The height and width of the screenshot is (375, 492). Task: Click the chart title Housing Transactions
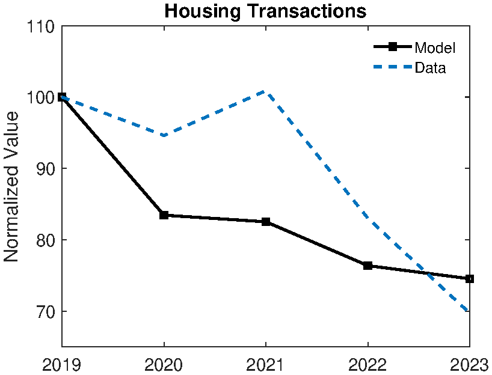265,11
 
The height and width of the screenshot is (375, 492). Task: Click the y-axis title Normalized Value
12,186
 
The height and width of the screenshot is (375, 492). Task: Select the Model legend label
434,48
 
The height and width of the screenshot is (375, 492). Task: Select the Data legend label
430,68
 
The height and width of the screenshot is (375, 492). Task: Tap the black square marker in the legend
393,47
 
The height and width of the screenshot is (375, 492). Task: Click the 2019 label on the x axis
62,364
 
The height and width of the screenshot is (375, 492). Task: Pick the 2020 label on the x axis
164,364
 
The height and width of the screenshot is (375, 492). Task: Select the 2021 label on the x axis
266,364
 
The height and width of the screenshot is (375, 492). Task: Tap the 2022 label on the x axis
367,364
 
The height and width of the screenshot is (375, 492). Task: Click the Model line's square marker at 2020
164,215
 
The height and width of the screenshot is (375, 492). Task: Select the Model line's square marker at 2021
266,222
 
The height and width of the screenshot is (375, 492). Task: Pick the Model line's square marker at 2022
367,266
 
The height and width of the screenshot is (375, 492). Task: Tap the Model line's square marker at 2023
469,279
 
